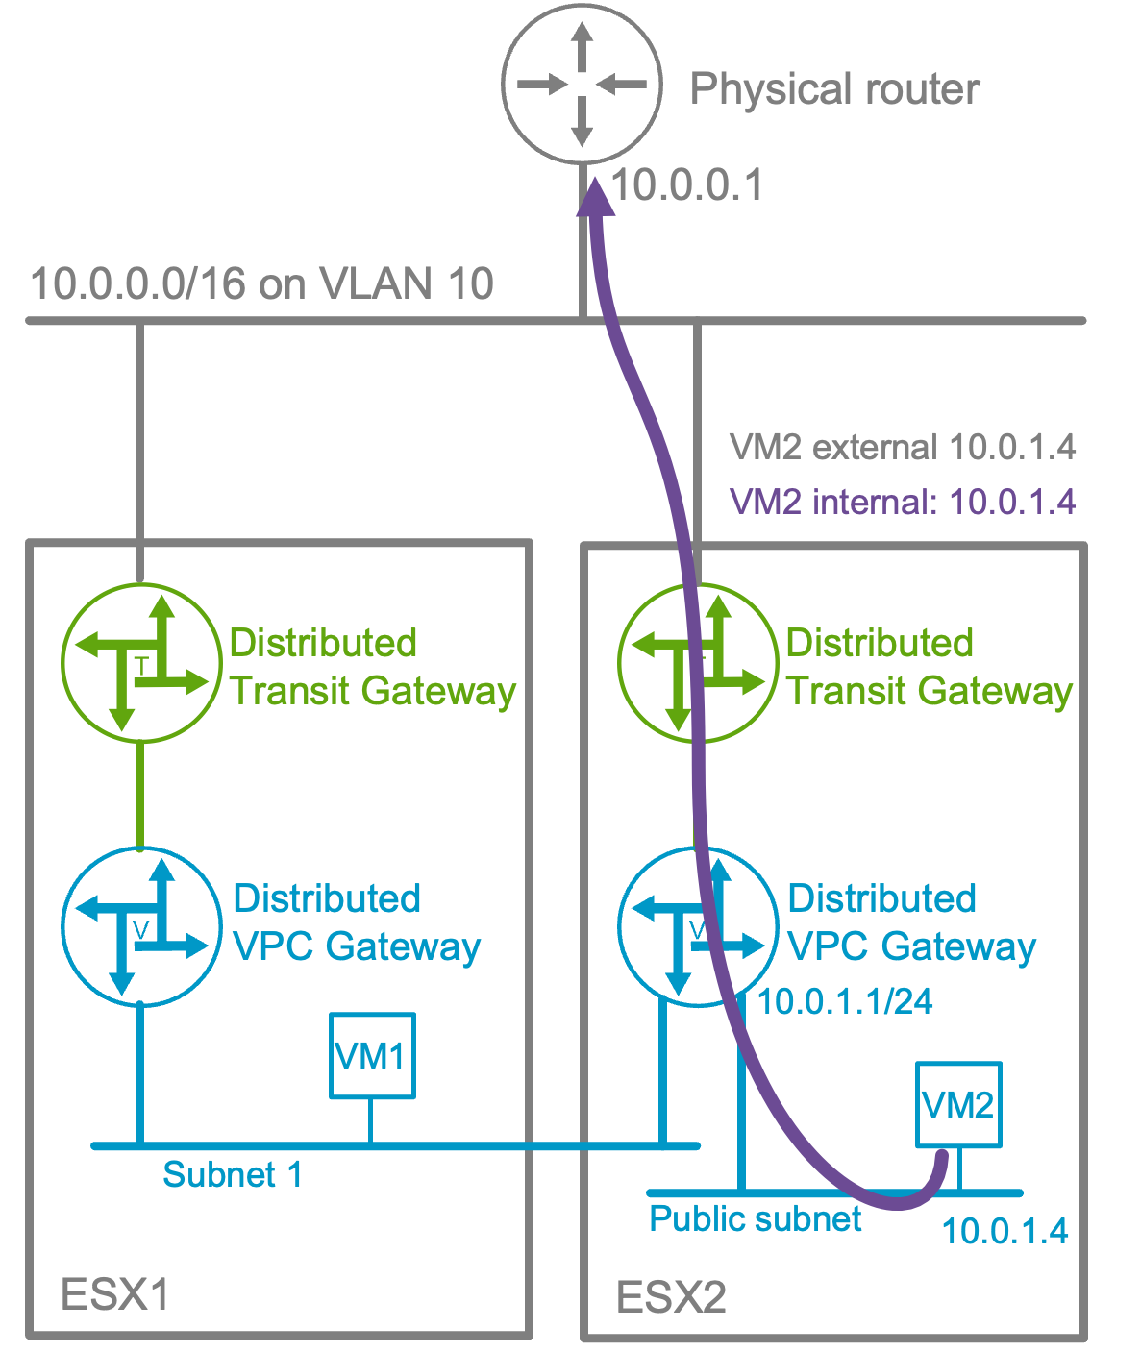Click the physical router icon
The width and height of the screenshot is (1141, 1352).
point(582,85)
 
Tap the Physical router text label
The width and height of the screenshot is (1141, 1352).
point(834,89)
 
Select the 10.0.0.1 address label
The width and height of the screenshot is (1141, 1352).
point(686,184)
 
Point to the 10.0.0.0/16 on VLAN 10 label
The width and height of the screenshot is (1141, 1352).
point(261,283)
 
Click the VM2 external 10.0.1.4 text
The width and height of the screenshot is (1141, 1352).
point(902,448)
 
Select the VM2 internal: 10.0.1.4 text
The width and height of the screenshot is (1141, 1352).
point(902,502)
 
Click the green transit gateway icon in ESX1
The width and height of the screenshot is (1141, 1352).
point(141,663)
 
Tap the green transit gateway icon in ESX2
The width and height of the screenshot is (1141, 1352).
point(697,663)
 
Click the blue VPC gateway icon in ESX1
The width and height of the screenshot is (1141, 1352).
point(141,926)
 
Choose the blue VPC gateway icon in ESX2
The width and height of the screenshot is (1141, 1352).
point(697,926)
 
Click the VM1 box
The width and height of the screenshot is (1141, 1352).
point(372,1055)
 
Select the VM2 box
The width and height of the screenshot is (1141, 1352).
point(958,1104)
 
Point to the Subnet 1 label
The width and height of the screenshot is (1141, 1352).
point(233,1174)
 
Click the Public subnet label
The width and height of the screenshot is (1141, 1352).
point(755,1218)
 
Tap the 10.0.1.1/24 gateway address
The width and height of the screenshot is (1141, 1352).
point(845,1001)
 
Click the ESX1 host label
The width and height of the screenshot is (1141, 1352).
point(114,1294)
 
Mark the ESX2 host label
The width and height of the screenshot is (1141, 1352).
point(671,1297)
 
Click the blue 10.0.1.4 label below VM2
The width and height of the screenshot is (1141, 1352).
point(1005,1231)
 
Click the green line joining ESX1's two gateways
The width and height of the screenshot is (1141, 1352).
point(141,796)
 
